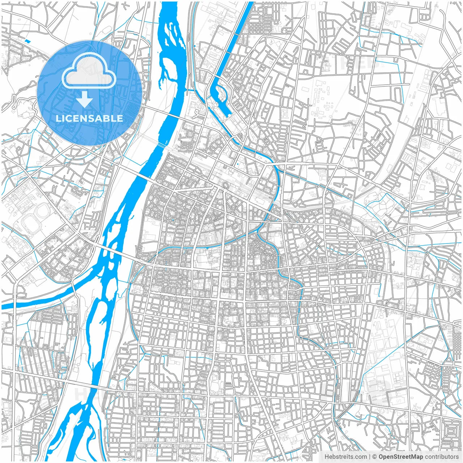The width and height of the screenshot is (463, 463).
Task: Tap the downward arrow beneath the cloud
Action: (x=85, y=99)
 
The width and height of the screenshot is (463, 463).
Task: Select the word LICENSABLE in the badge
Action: (x=89, y=118)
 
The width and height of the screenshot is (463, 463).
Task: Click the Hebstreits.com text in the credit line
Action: (x=345, y=457)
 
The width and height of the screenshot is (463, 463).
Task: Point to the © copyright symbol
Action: (x=375, y=457)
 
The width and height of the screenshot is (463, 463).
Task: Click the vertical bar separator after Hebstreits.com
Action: (x=370, y=457)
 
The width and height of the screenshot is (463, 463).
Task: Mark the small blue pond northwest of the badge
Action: (x=27, y=41)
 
